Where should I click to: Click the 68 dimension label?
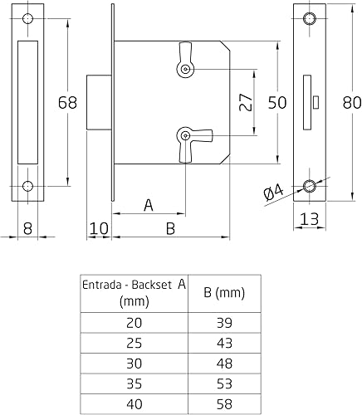pos(67,103)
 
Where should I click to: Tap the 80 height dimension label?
pos(352,103)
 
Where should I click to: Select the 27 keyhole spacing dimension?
pos(246,102)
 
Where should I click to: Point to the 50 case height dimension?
pos(277,103)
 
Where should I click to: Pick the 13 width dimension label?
pos(309,219)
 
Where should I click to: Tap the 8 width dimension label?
pos(27,229)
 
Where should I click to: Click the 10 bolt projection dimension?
pos(99,229)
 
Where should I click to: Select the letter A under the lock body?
pos(149,205)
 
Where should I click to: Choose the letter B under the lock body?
pos(170,229)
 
